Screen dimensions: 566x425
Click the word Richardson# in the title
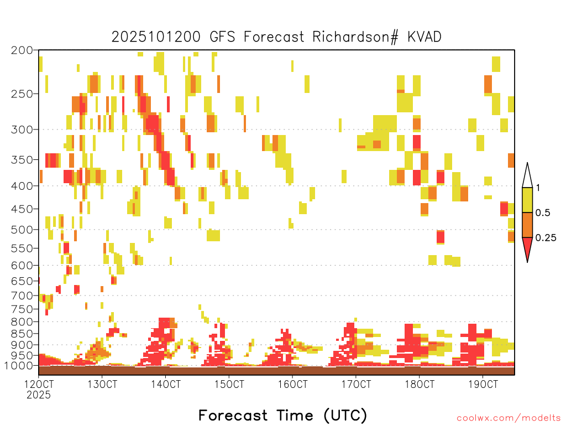point(355,37)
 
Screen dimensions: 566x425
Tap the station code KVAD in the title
point(424,37)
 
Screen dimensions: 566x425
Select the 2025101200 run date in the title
point(156,37)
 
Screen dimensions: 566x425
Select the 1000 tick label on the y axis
point(18,366)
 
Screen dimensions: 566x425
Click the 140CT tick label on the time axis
point(166,384)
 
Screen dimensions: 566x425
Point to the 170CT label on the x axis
point(356,384)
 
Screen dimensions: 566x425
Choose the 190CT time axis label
point(483,384)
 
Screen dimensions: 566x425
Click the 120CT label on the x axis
point(39,384)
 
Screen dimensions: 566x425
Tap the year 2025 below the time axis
point(39,395)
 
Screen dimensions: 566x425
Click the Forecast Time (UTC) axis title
point(282,415)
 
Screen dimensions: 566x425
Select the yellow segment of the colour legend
point(527,200)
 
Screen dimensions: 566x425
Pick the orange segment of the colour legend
point(527,225)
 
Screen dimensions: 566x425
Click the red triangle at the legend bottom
point(527,247)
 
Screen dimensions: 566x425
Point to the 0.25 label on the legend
point(546,238)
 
